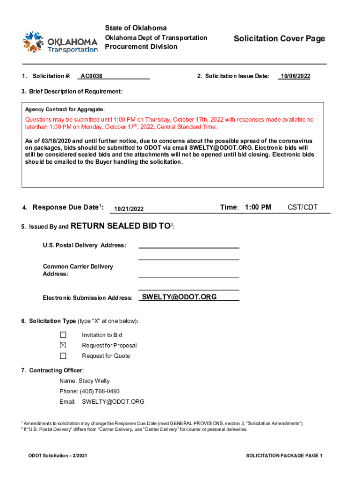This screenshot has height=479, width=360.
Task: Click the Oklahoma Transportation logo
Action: [x=61, y=42]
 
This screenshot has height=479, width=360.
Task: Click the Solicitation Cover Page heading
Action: [x=279, y=39]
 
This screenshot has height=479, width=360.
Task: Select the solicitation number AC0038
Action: [x=92, y=76]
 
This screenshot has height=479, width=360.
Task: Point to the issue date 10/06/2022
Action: [x=294, y=76]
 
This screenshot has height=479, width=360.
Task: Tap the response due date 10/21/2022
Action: [x=129, y=209]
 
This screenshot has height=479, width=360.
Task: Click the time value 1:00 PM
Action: [x=257, y=207]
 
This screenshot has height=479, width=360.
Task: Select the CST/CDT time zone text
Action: [x=302, y=207]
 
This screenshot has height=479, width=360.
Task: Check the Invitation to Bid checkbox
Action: [x=63, y=335]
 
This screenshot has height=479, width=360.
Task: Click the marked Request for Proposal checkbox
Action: [x=63, y=345]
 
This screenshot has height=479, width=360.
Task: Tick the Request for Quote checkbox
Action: [x=63, y=356]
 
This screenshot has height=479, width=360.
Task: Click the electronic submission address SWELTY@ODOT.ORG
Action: [x=179, y=297]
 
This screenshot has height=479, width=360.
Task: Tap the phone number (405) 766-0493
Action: [x=96, y=391]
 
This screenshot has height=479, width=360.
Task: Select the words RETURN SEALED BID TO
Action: [x=120, y=226]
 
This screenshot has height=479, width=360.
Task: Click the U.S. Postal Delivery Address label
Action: [x=84, y=245]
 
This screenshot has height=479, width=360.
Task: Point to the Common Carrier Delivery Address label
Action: [x=78, y=270]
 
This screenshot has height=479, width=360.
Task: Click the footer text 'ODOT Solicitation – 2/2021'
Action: [x=58, y=456]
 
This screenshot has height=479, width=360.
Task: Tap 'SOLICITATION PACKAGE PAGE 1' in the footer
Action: [x=284, y=456]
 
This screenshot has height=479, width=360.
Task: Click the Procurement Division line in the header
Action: [x=141, y=47]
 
